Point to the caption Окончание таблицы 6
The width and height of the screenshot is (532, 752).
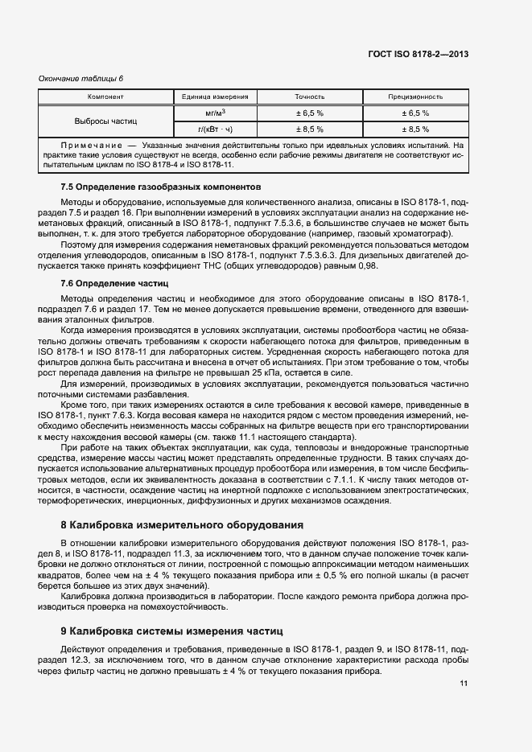[x=80, y=78]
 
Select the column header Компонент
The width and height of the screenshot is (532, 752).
[x=105, y=97]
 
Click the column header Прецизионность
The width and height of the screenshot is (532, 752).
[x=415, y=97]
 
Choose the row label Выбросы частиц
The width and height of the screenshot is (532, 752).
[x=105, y=121]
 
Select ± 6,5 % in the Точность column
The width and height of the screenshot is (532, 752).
[x=310, y=113]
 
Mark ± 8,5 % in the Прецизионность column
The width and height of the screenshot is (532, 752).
[x=415, y=129]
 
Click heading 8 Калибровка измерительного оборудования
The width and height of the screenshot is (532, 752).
[x=182, y=525]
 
